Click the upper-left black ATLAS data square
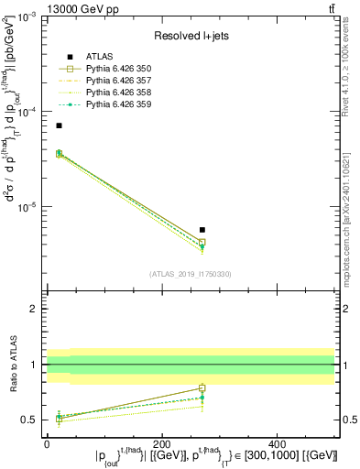(x=59, y=125)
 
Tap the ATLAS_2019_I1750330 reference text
(x=191, y=274)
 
